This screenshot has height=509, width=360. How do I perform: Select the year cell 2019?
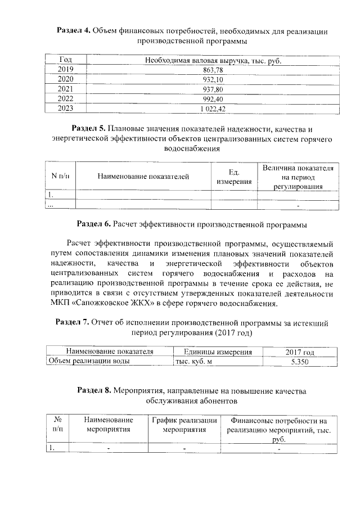[66, 69]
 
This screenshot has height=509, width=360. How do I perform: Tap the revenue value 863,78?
[213, 69]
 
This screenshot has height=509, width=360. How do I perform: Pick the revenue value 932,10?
[213, 79]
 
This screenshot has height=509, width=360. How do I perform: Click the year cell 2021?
[66, 89]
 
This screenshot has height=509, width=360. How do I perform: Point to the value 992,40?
[213, 98]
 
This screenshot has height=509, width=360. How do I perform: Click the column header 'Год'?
[66, 60]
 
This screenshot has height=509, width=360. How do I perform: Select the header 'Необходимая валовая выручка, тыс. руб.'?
[213, 60]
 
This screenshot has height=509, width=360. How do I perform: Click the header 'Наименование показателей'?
[143, 177]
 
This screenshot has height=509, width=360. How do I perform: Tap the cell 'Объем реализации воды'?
[89, 362]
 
